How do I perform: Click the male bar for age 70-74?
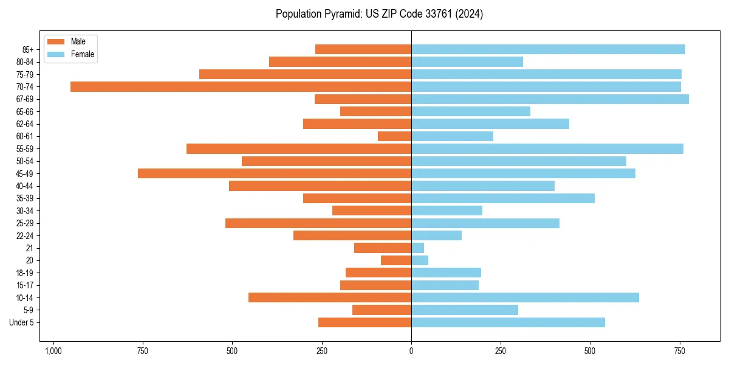pos(241,86)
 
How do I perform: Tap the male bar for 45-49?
pos(275,173)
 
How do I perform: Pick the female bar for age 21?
pos(418,248)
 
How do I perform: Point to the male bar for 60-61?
pos(395,136)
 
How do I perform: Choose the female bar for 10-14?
pos(525,297)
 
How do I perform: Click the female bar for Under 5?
pos(508,322)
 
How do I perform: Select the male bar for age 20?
pos(396,260)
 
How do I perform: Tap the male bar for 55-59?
pos(299,148)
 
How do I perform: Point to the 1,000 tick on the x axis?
pos(53,351)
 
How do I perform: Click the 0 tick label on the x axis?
pos(411,351)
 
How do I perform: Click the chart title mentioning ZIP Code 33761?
pos(379,14)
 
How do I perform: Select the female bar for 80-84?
pos(467,61)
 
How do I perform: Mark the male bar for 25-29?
pos(318,223)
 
